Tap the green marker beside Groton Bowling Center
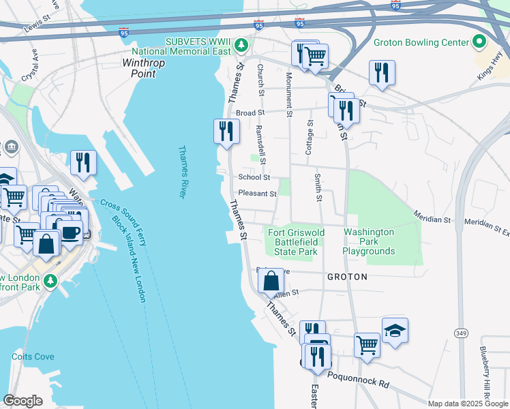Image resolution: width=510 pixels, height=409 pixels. (x=479, y=42)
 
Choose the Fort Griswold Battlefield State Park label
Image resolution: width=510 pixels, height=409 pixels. (x=296, y=242)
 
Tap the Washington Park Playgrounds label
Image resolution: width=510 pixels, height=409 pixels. (x=369, y=242)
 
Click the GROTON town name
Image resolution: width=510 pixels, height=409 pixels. (x=347, y=277)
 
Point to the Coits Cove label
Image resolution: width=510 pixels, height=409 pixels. (x=33, y=357)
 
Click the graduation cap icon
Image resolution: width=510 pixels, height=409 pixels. (x=395, y=331)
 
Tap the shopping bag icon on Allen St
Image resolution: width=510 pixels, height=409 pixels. (x=271, y=279)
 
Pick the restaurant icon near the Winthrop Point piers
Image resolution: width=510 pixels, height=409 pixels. (x=83, y=162)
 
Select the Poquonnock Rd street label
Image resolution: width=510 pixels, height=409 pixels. (x=357, y=380)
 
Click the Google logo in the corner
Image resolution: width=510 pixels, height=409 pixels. (x=23, y=401)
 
